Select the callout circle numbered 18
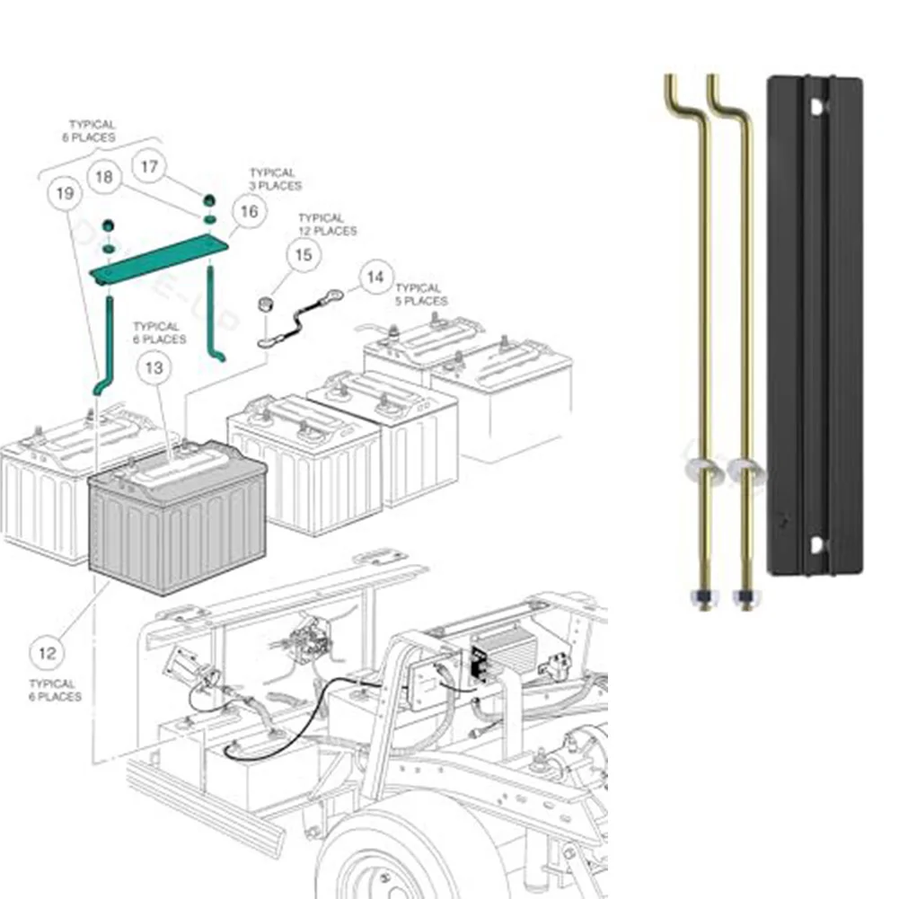[105, 177]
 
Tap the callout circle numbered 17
[149, 166]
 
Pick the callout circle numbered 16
[249, 211]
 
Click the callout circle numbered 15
[304, 256]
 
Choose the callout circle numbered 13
[154, 367]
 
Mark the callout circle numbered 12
[48, 653]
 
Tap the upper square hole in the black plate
[815, 106]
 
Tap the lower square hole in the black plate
[815, 545]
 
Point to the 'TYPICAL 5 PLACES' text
[419, 295]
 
